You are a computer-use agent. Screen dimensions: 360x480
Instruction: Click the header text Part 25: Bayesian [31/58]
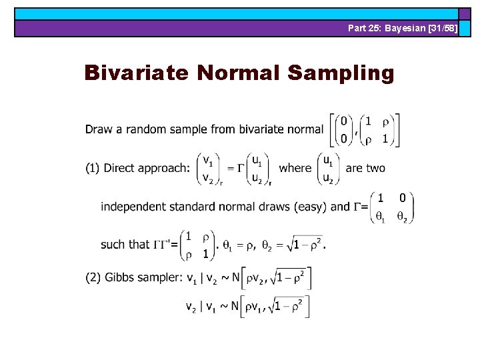tap(403, 28)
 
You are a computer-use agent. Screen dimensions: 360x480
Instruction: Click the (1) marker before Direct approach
tap(93, 168)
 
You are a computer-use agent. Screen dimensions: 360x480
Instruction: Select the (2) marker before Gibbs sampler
tap(93, 277)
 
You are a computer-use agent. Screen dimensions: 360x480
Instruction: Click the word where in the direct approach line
tap(295, 168)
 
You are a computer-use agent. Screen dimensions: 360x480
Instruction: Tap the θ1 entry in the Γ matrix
tap(381, 217)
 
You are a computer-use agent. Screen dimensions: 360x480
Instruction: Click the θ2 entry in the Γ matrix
tap(401, 217)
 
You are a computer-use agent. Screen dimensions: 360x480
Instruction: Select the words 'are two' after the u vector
tap(365, 168)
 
